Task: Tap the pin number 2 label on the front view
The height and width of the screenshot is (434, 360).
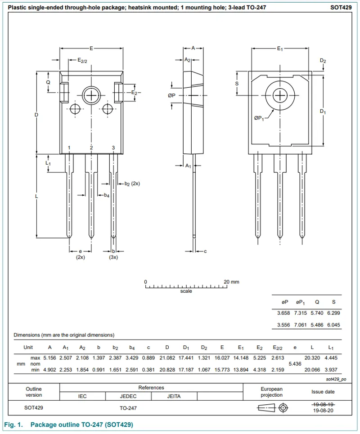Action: click(x=91, y=148)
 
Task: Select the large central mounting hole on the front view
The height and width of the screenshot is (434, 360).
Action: click(x=91, y=95)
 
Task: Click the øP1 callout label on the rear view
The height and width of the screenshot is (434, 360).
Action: click(x=258, y=118)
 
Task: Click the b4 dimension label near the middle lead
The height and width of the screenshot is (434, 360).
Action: click(x=106, y=195)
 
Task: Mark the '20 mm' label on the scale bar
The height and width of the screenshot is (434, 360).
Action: click(x=232, y=282)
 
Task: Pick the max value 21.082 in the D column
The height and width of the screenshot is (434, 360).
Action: click(x=167, y=358)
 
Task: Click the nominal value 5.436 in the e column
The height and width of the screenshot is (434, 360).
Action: click(x=295, y=363)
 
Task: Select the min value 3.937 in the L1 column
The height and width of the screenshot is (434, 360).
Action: click(x=331, y=369)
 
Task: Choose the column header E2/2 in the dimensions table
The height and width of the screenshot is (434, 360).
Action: click(x=277, y=348)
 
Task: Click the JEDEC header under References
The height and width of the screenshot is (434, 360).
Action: click(x=128, y=396)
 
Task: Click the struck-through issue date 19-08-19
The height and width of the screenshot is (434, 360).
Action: click(x=323, y=404)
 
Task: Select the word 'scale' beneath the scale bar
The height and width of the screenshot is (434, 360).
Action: click(x=186, y=291)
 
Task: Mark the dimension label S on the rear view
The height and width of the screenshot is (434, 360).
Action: click(x=237, y=84)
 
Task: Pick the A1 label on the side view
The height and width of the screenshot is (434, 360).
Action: click(x=189, y=166)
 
